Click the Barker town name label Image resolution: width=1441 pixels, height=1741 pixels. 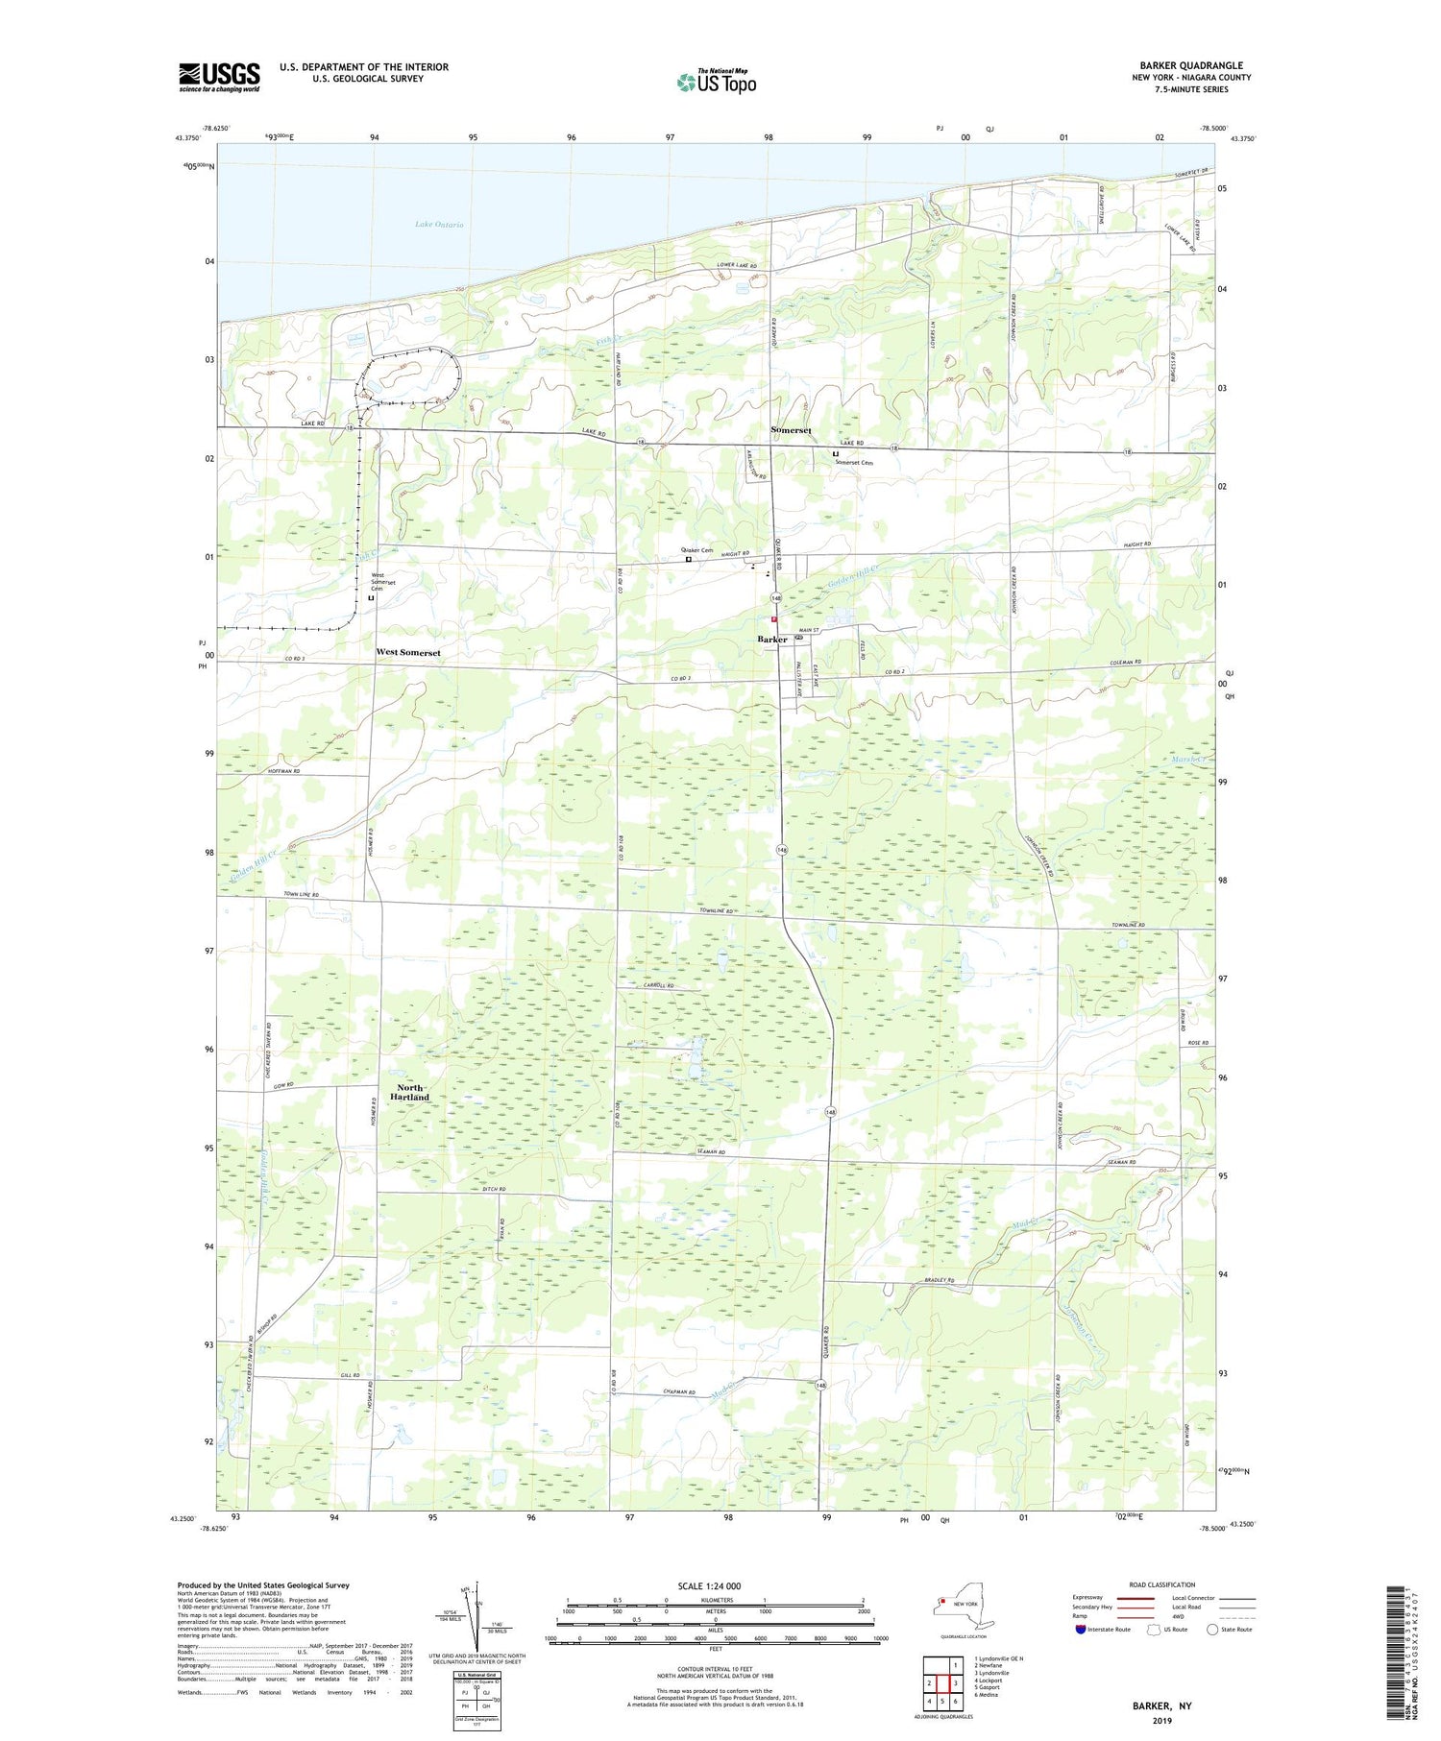pyautogui.click(x=771, y=640)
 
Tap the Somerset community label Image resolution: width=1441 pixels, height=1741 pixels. pyautogui.click(x=791, y=430)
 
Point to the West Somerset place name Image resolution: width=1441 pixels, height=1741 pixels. pyautogui.click(x=408, y=652)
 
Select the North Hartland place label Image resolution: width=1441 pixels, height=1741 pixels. pyautogui.click(x=409, y=1092)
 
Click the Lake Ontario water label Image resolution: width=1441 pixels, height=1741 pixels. pyautogui.click(x=439, y=225)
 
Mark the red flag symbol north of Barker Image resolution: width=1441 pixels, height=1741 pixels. pyautogui.click(x=773, y=620)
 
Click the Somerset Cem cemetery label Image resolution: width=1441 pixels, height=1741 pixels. pyautogui.click(x=853, y=463)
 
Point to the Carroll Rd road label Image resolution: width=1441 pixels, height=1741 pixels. pyautogui.click(x=659, y=987)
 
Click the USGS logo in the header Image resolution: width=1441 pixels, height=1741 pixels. pyautogui.click(x=219, y=77)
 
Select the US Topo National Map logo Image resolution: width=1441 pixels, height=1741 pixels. pyautogui.click(x=716, y=82)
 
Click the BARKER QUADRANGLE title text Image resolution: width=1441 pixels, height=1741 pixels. pyautogui.click(x=1190, y=66)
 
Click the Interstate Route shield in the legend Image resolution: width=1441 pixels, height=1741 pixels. pyautogui.click(x=1081, y=1630)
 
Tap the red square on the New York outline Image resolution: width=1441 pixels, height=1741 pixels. pyautogui.click(x=944, y=1602)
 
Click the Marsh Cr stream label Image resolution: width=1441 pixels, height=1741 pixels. pyautogui.click(x=1189, y=760)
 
